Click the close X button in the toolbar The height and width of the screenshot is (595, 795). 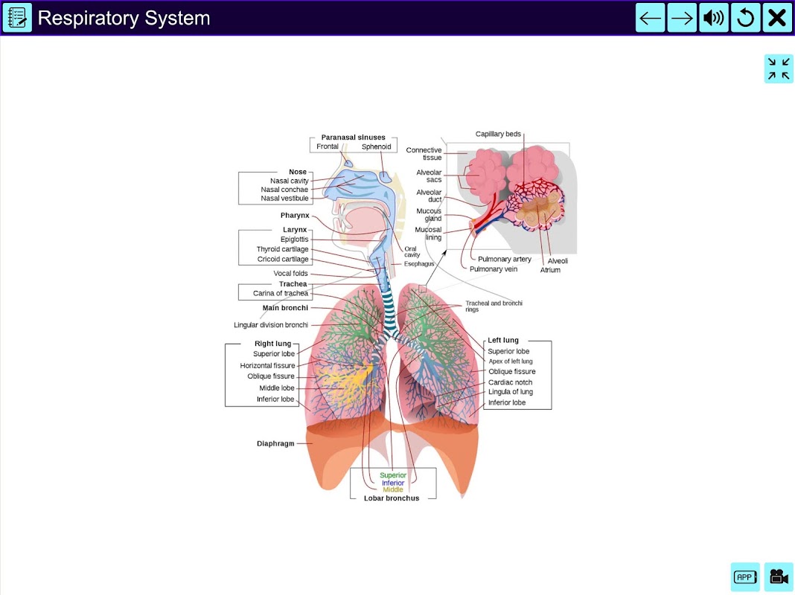tap(776, 18)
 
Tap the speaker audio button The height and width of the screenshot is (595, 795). tap(713, 18)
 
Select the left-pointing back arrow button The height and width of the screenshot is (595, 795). tap(650, 18)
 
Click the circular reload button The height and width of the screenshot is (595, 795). tap(745, 18)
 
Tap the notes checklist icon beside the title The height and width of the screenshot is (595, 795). tap(17, 18)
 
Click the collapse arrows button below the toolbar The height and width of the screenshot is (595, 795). tap(779, 69)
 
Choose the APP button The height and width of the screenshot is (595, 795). tap(745, 576)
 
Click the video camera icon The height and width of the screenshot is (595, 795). tap(779, 576)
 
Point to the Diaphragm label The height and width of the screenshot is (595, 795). tap(275, 443)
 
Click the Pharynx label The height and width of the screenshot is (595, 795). tap(295, 215)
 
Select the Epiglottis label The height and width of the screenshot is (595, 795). tap(294, 239)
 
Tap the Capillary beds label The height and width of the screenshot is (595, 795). tap(498, 134)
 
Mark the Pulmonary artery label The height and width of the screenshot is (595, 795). tap(505, 260)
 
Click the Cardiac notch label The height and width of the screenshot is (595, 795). tap(510, 382)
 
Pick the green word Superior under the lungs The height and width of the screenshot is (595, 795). tap(393, 475)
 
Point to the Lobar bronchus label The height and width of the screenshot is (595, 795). tap(392, 498)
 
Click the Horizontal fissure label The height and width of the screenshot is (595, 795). tap(267, 366)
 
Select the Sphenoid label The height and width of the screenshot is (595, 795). tap(376, 147)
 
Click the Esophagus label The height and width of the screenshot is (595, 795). tap(419, 264)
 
